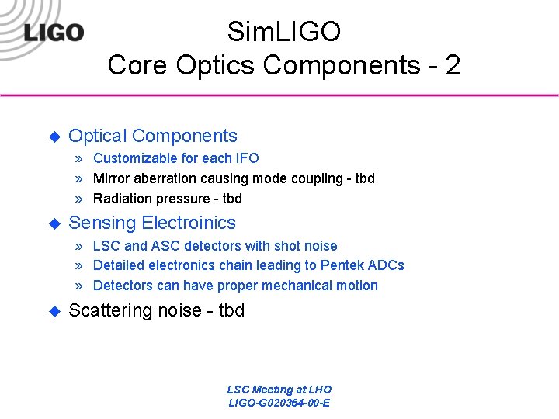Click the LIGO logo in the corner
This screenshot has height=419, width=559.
pyautogui.click(x=54, y=33)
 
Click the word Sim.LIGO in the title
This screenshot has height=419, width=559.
pyautogui.click(x=283, y=32)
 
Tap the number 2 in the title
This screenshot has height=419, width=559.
pyautogui.click(x=452, y=65)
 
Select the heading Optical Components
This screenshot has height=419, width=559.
pyautogui.click(x=153, y=136)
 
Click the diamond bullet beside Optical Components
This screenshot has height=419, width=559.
pyautogui.click(x=54, y=137)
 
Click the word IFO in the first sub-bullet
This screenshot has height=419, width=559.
pyautogui.click(x=246, y=158)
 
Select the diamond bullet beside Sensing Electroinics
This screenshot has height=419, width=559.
pyautogui.click(x=54, y=223)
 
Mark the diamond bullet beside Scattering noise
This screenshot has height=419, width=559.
pyautogui.click(x=54, y=311)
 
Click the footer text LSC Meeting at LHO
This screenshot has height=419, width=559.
pyautogui.click(x=279, y=390)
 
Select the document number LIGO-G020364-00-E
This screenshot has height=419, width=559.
pyautogui.click(x=279, y=403)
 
